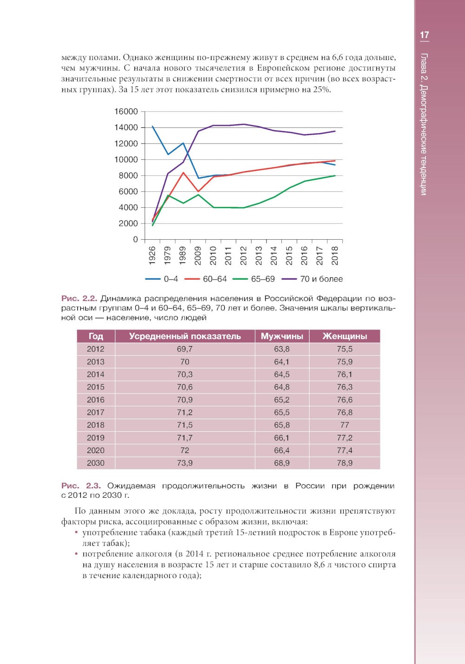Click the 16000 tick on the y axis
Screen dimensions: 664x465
point(126,112)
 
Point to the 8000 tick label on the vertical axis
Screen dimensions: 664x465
point(128,176)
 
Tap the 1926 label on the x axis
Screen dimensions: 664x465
point(152,256)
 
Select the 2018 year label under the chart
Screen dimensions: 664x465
point(335,256)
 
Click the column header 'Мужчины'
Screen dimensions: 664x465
point(282,336)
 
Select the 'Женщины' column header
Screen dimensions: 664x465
point(345,336)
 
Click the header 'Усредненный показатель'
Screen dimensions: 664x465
point(185,336)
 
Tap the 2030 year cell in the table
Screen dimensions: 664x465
point(95,463)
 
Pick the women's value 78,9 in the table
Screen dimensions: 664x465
point(345,463)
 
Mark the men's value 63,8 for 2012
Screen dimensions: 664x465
point(282,349)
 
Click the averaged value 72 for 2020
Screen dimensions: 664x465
point(185,451)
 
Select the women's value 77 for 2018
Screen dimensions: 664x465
point(345,425)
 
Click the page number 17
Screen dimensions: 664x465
point(424,35)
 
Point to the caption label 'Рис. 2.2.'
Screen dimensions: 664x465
point(79,298)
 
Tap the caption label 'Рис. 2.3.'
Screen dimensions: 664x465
point(81,486)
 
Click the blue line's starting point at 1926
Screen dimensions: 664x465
point(153,126)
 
